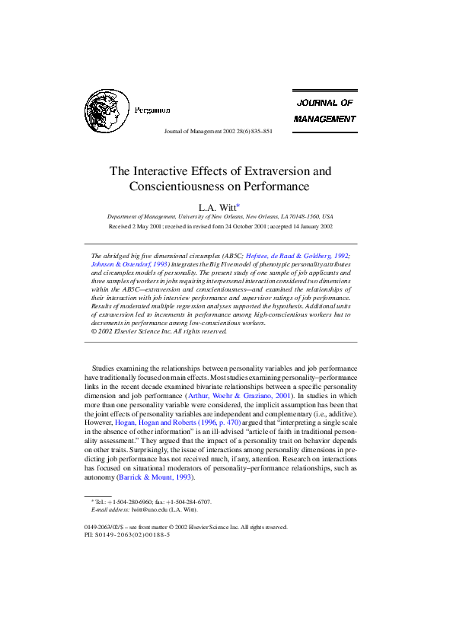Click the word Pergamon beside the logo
click(152, 110)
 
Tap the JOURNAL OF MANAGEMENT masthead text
click(324, 110)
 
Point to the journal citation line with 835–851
click(218, 131)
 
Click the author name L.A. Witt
click(217, 206)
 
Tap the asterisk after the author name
click(238, 205)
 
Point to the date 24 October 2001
click(246, 226)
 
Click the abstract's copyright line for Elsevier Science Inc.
click(159, 331)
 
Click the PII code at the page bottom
click(127, 535)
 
